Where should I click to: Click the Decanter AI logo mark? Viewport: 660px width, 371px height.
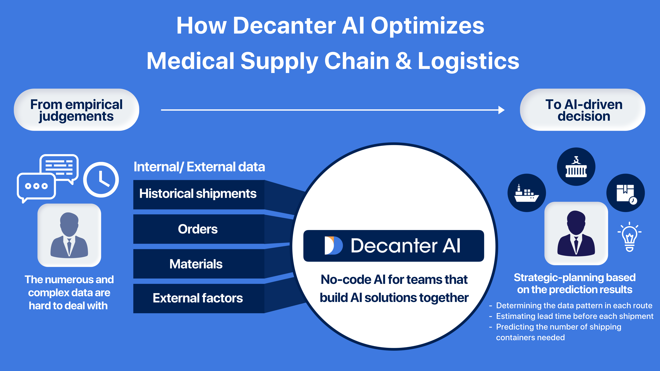(x=333, y=246)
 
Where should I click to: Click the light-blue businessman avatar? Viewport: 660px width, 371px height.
(x=69, y=235)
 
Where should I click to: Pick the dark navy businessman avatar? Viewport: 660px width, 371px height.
(x=576, y=233)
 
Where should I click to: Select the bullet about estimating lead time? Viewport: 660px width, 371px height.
(x=574, y=316)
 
